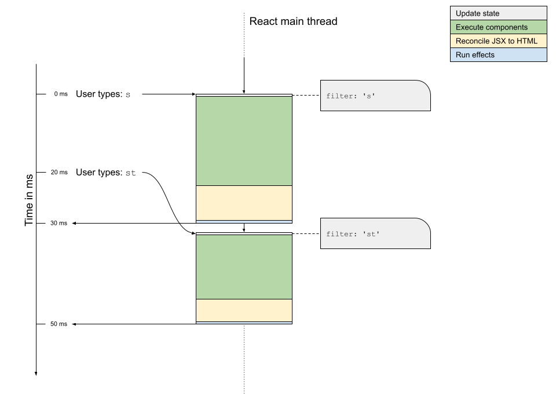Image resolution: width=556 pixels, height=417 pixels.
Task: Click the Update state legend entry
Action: [498, 13]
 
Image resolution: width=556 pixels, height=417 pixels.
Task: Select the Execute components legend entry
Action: [498, 27]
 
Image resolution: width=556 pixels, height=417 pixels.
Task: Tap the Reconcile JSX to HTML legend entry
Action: [498, 41]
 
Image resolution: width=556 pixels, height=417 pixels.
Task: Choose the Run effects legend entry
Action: [498, 55]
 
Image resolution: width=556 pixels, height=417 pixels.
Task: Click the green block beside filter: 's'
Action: [244, 141]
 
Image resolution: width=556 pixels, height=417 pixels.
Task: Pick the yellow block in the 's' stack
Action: [244, 203]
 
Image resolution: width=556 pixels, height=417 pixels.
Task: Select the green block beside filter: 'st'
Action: [244, 266]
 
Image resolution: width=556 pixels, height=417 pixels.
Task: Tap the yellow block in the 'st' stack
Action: [244, 310]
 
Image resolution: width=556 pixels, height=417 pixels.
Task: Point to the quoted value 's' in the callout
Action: [369, 96]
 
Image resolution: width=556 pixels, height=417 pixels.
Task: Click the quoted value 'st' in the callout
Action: [371, 234]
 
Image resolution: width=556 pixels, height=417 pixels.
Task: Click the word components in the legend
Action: [507, 27]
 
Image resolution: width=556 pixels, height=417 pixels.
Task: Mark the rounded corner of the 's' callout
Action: [425, 86]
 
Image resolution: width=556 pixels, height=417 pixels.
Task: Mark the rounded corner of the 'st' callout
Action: [425, 224]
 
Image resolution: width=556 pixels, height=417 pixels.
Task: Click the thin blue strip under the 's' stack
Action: [244, 221]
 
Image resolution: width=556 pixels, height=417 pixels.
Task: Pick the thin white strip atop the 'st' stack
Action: [244, 233]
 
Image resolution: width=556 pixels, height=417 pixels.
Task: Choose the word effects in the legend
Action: [482, 55]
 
